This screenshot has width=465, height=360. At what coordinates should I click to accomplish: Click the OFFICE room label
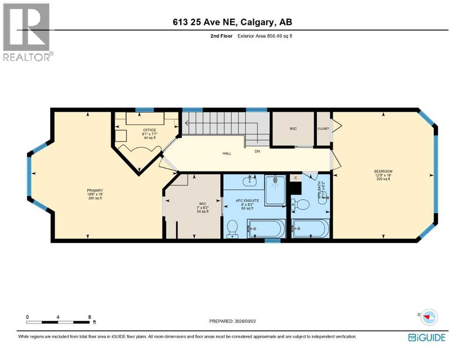pyautogui.click(x=149, y=130)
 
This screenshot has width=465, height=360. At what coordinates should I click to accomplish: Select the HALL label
pyautogui.click(x=226, y=153)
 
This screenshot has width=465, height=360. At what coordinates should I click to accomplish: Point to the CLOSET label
pyautogui.click(x=323, y=128)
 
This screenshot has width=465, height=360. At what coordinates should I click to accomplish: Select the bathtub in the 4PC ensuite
pyautogui.click(x=266, y=229)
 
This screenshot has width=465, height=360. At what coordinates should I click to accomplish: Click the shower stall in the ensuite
pyautogui.click(x=275, y=190)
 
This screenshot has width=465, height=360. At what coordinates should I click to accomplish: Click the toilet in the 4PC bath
pyautogui.click(x=300, y=204)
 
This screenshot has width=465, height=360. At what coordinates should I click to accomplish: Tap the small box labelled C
pyautogui.click(x=295, y=178)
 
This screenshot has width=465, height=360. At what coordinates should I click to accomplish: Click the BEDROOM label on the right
pyautogui.click(x=383, y=171)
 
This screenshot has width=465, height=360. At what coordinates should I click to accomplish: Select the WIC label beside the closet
pyautogui.click(x=293, y=128)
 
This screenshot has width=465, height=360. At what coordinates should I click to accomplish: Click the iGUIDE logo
pyautogui.click(x=427, y=337)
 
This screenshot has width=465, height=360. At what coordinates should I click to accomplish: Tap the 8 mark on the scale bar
pyautogui.click(x=89, y=317)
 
